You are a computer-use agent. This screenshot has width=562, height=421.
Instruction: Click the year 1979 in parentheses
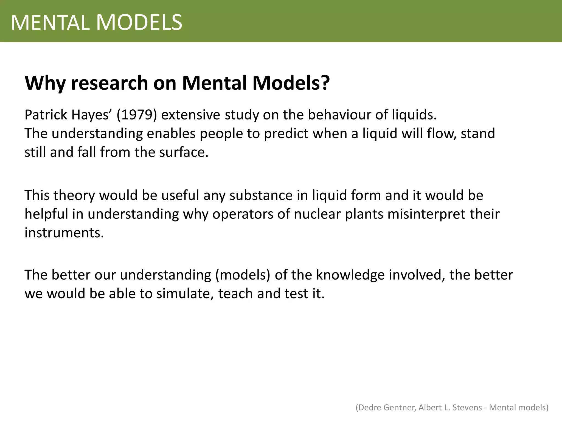tap(137, 115)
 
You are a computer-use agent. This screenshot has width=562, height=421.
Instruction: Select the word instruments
tap(64, 233)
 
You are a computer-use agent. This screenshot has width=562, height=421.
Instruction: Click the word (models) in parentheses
tap(243, 275)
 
